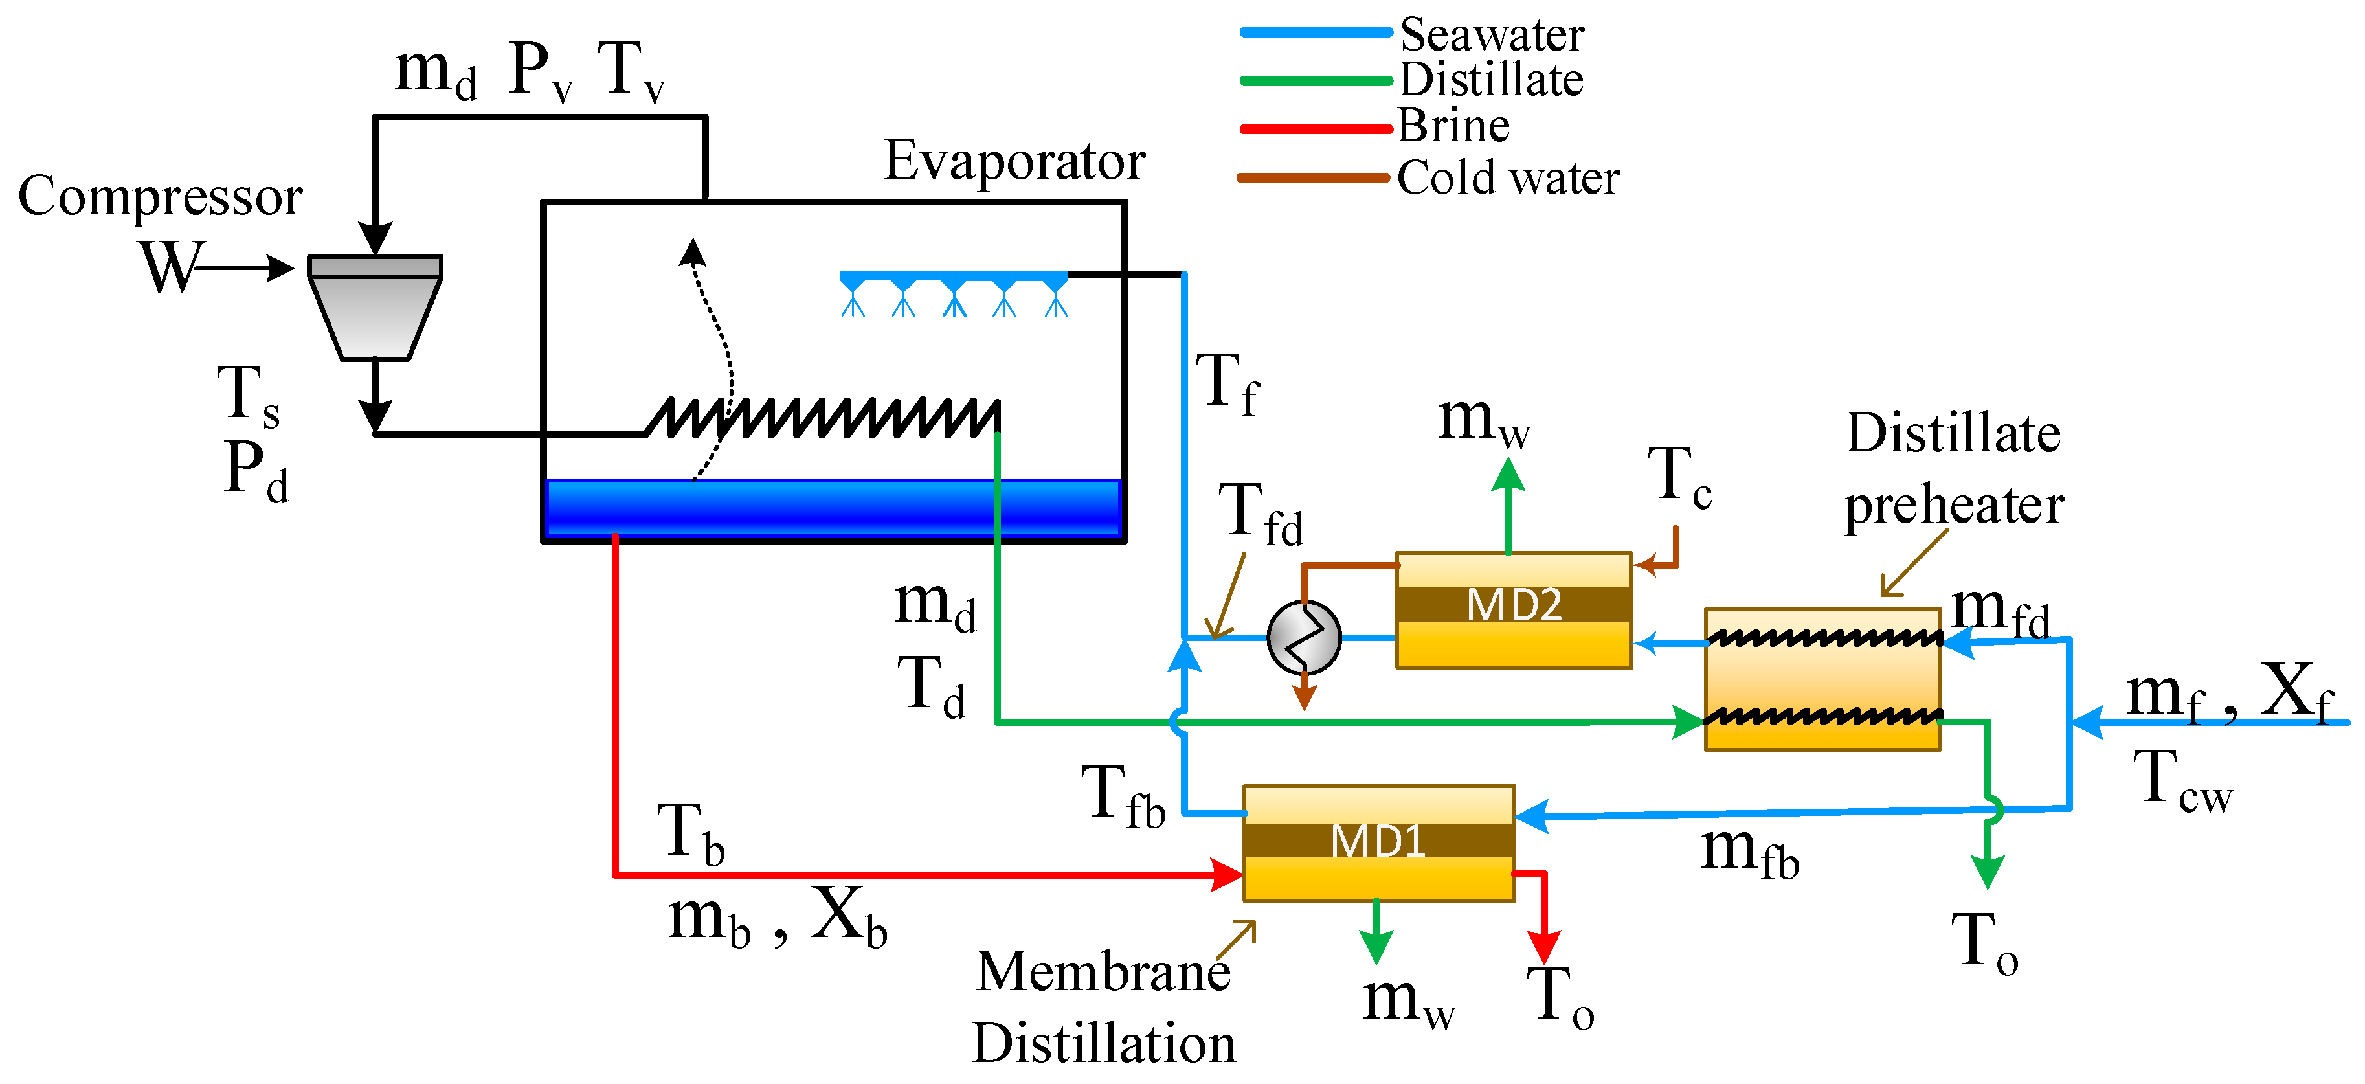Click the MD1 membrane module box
(1378, 842)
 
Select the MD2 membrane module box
(1513, 609)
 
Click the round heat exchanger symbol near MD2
(1304, 637)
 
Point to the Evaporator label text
(1014, 162)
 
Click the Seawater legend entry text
(1491, 35)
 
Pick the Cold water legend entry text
(1508, 177)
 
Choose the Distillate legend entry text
(1491, 80)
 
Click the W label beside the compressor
(169, 267)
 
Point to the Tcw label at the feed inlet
(2181, 779)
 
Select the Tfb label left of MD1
(1122, 796)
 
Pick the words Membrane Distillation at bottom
(1104, 1007)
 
